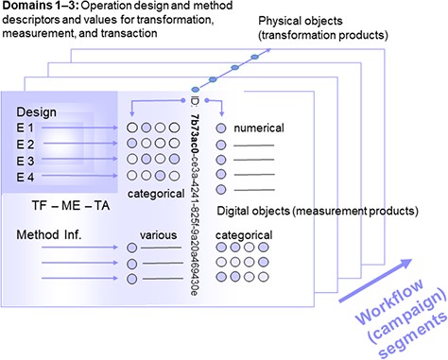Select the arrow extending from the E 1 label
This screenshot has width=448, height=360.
click(79, 127)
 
